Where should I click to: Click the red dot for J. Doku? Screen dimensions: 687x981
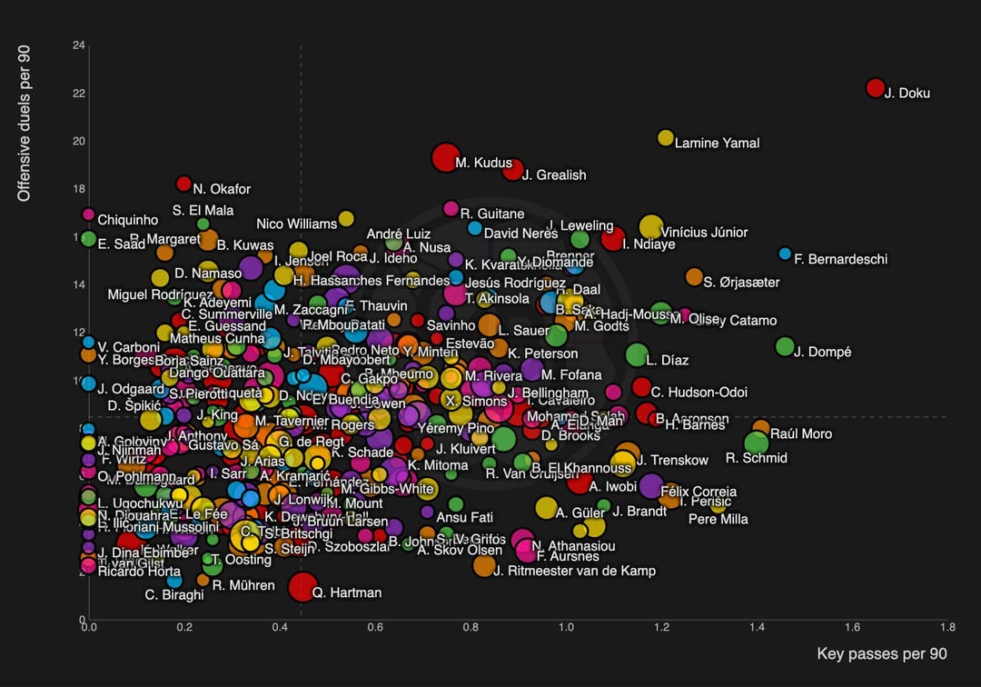[x=875, y=88]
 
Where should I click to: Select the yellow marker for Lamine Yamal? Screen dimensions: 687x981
[x=665, y=138]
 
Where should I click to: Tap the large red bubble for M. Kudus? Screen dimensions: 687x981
[x=444, y=157]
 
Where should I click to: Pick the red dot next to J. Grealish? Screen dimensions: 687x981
[x=513, y=170]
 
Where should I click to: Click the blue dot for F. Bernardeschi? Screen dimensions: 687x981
[x=785, y=254]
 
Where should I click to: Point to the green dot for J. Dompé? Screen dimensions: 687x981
[x=785, y=346]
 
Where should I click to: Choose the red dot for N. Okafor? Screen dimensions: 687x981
[x=183, y=184]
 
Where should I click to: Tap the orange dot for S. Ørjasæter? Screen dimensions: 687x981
[x=694, y=276]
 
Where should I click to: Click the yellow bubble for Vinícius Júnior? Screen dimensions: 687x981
[x=650, y=227]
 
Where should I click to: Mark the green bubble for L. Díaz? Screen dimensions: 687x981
[x=637, y=355]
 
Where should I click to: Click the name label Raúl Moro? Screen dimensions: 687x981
[x=801, y=434]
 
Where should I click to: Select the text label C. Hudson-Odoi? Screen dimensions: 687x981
[x=699, y=393]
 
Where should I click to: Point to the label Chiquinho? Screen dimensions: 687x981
[x=128, y=220]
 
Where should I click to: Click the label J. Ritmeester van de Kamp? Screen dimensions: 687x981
[x=574, y=571]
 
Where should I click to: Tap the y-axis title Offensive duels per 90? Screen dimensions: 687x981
[x=25, y=124]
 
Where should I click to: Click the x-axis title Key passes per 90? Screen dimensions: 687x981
[x=882, y=654]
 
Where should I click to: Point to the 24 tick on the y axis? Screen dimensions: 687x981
[x=79, y=45]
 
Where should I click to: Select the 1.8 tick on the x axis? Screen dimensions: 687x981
[x=947, y=627]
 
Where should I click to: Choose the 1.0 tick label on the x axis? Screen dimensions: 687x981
[x=565, y=627]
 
